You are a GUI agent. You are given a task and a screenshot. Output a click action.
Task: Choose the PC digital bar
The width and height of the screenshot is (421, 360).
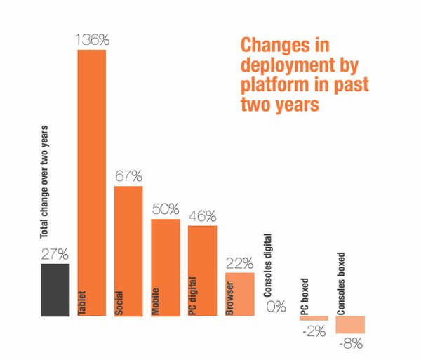(x=202, y=270)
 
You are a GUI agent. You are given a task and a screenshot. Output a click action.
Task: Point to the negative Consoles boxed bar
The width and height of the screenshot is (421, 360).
(x=350, y=324)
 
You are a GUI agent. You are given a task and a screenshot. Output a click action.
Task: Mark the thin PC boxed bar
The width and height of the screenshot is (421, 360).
(x=313, y=318)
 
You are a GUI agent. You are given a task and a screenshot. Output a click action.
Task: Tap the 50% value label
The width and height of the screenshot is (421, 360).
(x=166, y=209)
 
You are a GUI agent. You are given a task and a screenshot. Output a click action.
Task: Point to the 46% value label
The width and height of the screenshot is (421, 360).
(x=202, y=215)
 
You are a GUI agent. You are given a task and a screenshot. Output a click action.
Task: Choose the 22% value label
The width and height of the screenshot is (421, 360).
(x=239, y=263)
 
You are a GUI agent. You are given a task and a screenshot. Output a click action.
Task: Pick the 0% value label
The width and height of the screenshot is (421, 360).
(x=276, y=307)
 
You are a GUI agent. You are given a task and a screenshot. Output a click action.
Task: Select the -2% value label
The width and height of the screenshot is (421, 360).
(x=313, y=331)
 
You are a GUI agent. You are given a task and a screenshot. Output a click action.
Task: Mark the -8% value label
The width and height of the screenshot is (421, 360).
(x=350, y=344)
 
